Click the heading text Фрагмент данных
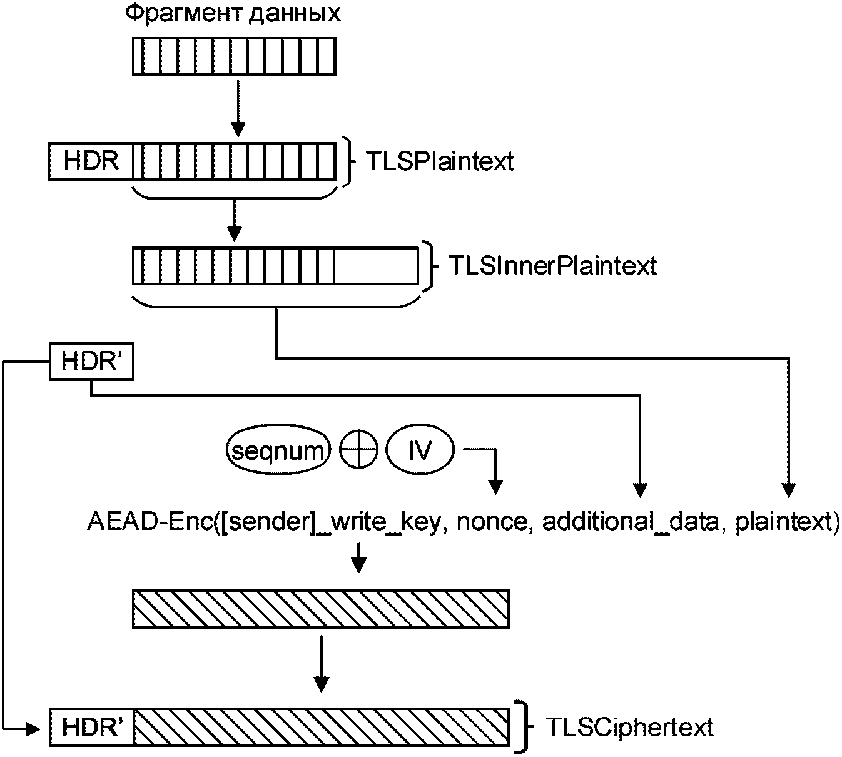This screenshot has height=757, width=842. point(233,14)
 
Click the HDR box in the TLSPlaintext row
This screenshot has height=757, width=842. point(91,161)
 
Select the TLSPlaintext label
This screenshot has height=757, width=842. point(440,161)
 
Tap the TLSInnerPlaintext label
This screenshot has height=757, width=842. point(552,267)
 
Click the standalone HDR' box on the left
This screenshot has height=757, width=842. point(91,362)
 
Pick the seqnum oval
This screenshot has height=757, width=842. point(278,450)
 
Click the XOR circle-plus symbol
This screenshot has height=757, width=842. point(359,450)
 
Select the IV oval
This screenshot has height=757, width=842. point(420,450)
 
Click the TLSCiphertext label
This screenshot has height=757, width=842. point(629,728)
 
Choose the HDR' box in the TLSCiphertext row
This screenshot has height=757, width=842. point(91,728)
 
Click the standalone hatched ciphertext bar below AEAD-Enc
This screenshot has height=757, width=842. point(321,608)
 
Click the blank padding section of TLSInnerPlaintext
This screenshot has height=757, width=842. point(376,266)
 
